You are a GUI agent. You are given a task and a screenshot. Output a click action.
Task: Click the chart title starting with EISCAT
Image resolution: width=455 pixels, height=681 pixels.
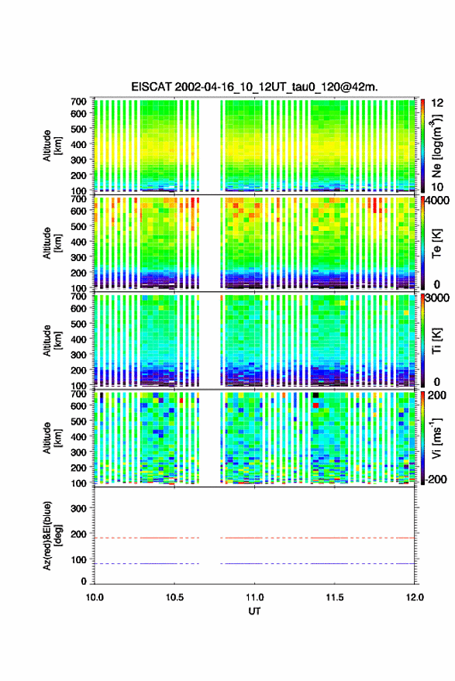coord(254,87)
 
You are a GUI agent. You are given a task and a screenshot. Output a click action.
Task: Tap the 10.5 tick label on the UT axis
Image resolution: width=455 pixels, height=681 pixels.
coord(174,597)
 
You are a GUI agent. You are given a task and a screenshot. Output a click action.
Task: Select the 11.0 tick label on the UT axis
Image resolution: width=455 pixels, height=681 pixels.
coord(254,597)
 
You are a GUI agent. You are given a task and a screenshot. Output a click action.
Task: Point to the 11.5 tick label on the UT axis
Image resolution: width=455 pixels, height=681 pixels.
coord(334,597)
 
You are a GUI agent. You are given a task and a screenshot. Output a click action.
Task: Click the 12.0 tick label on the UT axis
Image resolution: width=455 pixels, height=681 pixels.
coord(415,597)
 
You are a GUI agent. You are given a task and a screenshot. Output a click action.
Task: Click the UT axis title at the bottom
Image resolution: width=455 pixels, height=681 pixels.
coord(254,611)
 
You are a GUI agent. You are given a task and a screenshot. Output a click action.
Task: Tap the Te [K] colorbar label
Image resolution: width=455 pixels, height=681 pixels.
coord(436,243)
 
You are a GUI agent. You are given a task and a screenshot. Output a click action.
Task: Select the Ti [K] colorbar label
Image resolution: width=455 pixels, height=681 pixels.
coord(436,341)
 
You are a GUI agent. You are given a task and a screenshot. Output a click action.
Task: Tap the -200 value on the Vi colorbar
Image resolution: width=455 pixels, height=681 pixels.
coord(436,479)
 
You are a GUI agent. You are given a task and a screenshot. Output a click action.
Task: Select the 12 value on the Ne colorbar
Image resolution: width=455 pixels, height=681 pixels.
coord(438,103)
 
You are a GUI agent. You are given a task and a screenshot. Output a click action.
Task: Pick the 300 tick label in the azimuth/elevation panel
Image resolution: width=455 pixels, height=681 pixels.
coord(78,508)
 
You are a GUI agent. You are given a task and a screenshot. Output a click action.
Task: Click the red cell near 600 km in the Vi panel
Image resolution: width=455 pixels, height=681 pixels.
coord(316,405)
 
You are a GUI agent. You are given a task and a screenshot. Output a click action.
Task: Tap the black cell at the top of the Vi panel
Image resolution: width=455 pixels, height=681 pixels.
coord(316,395)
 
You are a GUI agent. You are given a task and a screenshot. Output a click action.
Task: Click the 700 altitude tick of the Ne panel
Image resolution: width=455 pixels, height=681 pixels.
coord(78,101)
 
